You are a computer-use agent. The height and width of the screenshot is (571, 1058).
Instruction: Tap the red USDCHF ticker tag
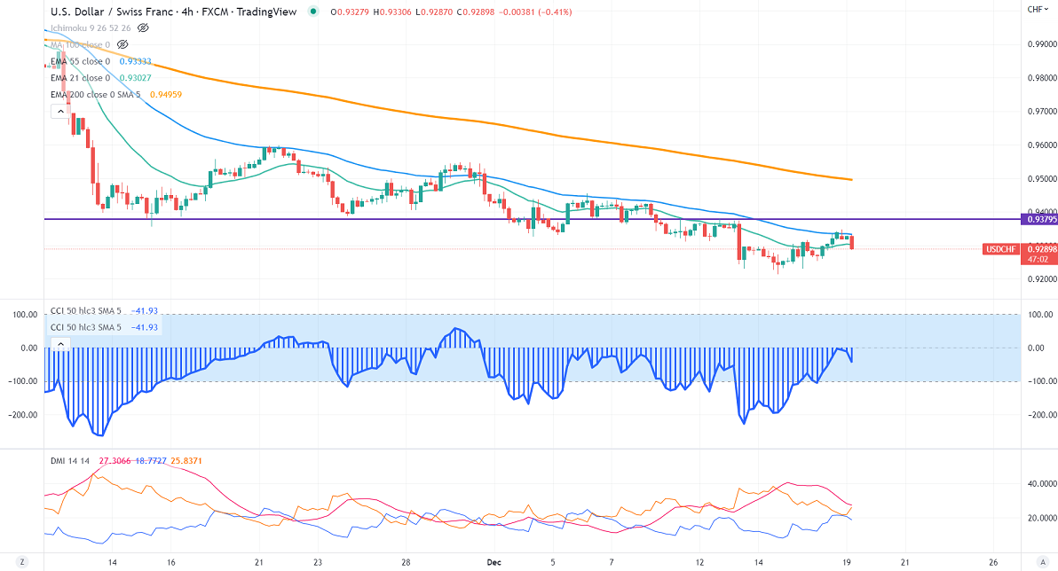pos(1002,249)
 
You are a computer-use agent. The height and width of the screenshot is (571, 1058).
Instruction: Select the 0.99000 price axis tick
pos(1040,43)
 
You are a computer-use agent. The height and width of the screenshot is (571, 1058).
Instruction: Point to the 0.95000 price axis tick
pos(1040,178)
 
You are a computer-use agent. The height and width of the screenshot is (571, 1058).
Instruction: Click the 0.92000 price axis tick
pos(1040,279)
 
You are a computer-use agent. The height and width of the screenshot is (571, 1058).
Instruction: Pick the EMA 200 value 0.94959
pos(165,94)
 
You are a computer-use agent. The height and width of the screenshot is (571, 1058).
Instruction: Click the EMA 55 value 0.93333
pos(135,61)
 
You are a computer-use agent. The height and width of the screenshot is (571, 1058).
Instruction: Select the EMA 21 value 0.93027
pos(135,78)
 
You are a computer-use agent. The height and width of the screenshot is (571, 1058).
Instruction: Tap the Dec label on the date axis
pos(494,562)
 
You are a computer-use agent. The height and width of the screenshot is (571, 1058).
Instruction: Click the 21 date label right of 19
pos(904,562)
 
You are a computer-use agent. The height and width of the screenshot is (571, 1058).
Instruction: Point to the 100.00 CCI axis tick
pos(1037,314)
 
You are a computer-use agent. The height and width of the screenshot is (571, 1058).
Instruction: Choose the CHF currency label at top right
pos(1035,9)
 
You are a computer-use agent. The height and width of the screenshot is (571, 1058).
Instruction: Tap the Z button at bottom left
pos(21,562)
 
